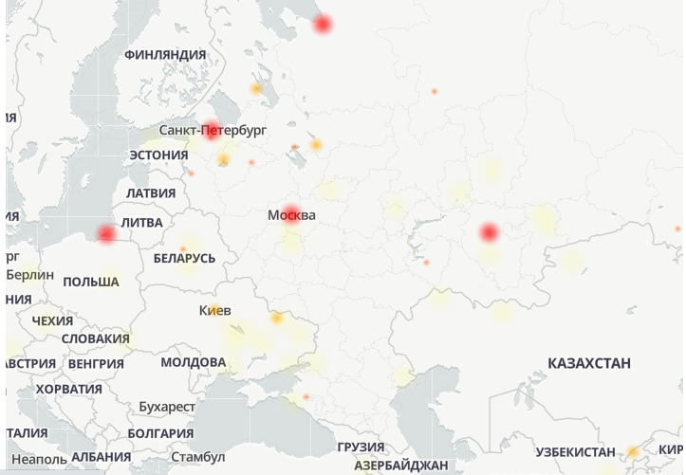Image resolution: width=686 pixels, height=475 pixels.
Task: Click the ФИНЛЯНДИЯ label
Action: [165, 55]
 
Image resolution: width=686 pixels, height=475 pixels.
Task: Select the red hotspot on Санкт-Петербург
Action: [213, 130]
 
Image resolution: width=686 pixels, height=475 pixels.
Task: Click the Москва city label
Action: [291, 216]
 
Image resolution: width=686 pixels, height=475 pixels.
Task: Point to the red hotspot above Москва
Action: [291, 212]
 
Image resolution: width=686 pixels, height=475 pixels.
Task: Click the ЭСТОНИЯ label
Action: [158, 155]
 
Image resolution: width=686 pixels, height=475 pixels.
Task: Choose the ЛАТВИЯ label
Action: [151, 193]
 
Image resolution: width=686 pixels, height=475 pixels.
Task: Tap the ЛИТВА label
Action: [141, 223]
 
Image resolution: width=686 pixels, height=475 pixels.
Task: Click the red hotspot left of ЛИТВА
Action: [106, 233]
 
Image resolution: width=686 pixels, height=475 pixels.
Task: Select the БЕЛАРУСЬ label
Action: [184, 258]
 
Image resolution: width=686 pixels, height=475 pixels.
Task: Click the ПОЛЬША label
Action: [91, 282]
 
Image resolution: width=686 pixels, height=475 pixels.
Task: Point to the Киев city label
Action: [213, 310]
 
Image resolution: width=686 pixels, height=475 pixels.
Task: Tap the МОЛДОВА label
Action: [193, 362]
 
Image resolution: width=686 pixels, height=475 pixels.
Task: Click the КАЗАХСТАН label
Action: [589, 363]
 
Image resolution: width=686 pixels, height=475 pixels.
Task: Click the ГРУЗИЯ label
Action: [362, 448]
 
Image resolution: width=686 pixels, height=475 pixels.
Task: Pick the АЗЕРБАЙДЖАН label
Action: [401, 466]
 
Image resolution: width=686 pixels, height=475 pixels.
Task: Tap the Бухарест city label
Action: [166, 407]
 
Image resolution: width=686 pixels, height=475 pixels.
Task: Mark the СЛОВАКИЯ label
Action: [96, 338]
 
